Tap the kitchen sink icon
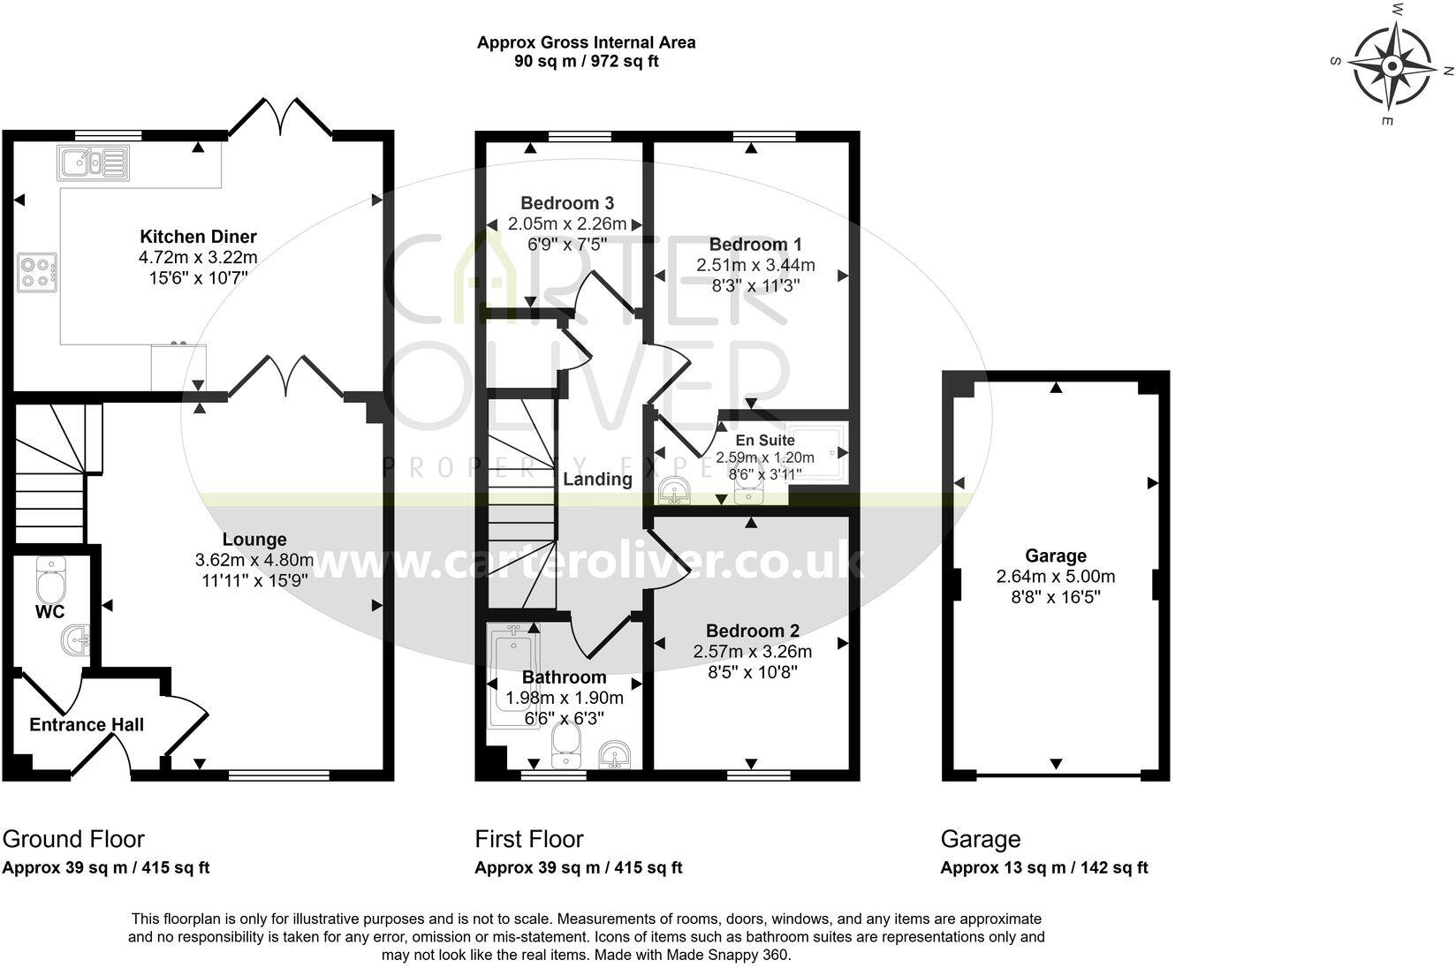(94, 163)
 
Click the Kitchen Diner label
(198, 237)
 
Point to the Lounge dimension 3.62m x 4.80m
(254, 560)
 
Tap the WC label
(49, 611)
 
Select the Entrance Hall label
(87, 725)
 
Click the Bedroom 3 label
(566, 203)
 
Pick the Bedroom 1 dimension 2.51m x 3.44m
(755, 265)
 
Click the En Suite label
(765, 440)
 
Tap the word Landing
(597, 480)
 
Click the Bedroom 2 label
(752, 631)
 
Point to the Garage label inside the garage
(1055, 556)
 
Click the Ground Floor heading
(73, 839)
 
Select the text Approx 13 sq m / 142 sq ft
(1043, 868)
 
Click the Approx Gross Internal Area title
(586, 42)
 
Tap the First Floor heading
(528, 839)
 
